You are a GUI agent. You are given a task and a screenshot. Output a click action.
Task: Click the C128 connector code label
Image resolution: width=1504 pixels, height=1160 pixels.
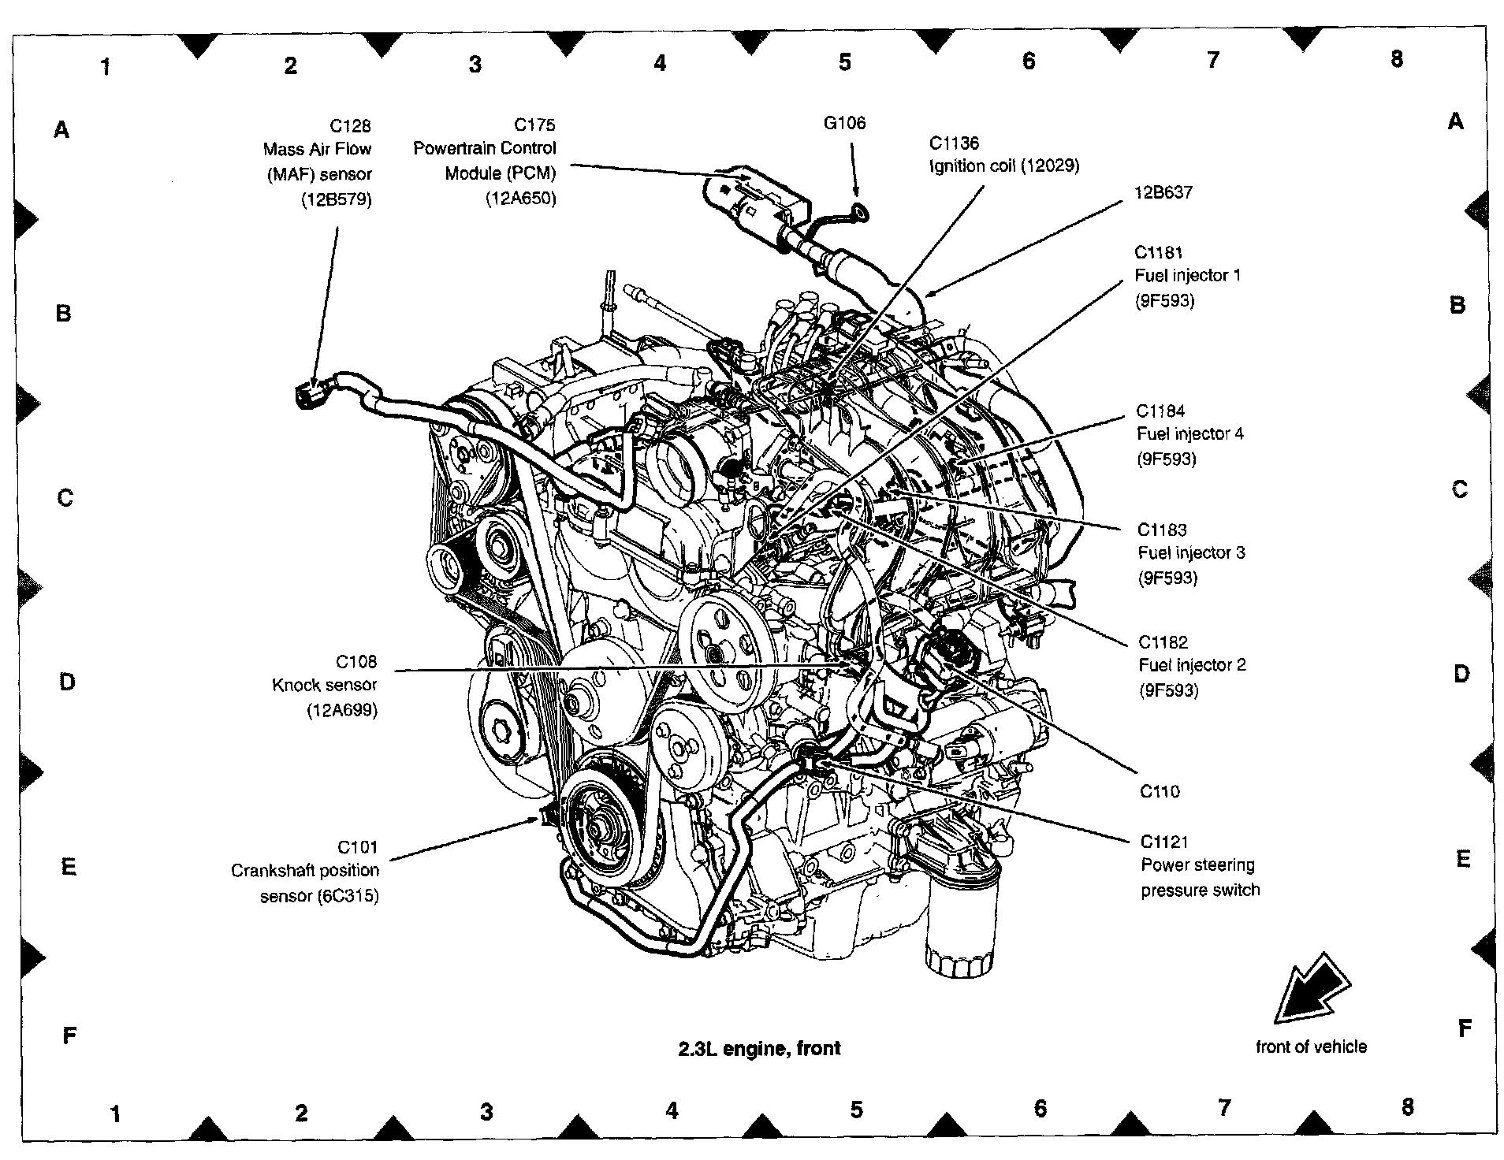point(350,126)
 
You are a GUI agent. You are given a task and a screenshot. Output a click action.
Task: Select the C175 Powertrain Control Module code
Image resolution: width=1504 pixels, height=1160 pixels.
point(534,125)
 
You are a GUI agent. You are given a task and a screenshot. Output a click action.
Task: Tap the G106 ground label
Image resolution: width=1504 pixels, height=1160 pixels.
point(844,122)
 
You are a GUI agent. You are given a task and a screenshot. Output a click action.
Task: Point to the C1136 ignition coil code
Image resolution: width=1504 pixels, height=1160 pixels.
point(954,143)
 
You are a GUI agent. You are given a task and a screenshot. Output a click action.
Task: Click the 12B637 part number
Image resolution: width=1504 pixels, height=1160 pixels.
point(1163,191)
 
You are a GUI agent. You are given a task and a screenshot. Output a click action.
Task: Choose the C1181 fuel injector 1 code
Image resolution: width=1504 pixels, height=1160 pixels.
point(1159,252)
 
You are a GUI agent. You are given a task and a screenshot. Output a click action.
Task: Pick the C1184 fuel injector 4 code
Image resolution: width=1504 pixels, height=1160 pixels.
point(1160,411)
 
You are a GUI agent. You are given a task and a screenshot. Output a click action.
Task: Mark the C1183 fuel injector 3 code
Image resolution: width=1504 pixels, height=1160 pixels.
point(1162,530)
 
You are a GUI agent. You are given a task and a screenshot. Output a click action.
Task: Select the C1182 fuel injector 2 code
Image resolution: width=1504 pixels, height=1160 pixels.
point(1163,641)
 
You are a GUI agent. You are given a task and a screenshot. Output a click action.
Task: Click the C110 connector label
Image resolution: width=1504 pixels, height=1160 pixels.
point(1160,791)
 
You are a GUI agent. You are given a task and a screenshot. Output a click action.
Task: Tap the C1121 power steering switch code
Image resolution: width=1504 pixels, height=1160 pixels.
point(1164,842)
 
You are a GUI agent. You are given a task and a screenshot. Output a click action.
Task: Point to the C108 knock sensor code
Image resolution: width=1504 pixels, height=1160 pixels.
point(356,661)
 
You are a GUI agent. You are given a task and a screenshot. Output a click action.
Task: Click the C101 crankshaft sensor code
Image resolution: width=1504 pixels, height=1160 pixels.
point(358,847)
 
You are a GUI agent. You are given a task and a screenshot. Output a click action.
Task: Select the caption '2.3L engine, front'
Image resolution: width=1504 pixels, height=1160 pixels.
point(759,1048)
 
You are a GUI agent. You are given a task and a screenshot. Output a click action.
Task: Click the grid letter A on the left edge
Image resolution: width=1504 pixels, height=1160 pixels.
point(61,129)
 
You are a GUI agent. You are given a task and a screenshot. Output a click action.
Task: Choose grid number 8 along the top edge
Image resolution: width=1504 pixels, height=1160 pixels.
point(1396,58)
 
